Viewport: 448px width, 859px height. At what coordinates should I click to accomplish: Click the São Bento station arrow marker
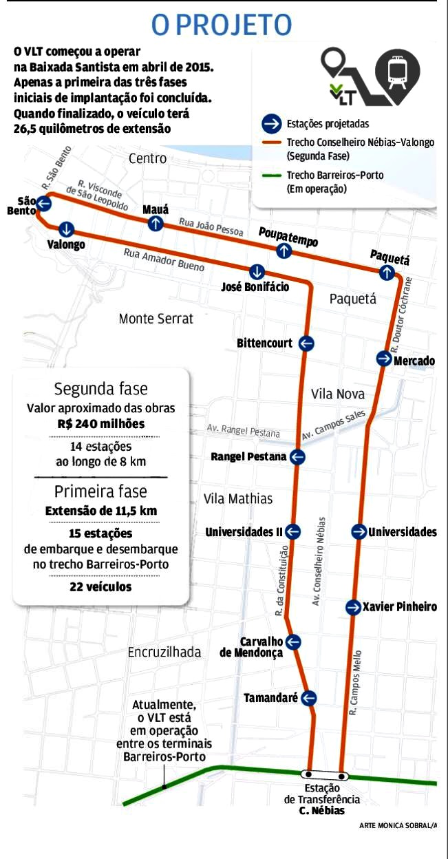pos(44,203)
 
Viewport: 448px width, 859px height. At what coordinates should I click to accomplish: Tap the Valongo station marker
pos(66,229)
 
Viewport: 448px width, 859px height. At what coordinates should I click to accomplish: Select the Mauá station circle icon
pos(156,222)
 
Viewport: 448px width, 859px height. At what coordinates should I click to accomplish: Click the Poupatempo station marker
pos(284,251)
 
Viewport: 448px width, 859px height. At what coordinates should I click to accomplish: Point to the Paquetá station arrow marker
pos(387,273)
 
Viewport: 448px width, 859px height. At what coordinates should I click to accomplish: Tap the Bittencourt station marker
pos(306,343)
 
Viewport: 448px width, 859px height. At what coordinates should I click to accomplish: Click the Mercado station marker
pos(384,359)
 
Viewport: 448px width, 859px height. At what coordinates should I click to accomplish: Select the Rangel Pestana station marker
pos(297,456)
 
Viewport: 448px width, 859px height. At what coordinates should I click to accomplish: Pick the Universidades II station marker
pos(293,531)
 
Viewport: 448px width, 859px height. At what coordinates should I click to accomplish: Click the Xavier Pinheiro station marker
pos(353,606)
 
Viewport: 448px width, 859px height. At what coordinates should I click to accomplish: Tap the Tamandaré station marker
pos(308,698)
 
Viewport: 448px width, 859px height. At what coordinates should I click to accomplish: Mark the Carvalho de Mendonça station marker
pos(294,642)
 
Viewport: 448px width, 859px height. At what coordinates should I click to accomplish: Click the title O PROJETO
pos(222,25)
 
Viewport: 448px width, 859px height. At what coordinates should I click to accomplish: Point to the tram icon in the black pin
pos(397,72)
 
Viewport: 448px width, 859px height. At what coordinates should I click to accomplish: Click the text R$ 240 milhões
pos(101,424)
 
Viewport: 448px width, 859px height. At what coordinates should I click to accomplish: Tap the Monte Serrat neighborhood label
pos(156,319)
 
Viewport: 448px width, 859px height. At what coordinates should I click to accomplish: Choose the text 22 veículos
pos(100,587)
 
